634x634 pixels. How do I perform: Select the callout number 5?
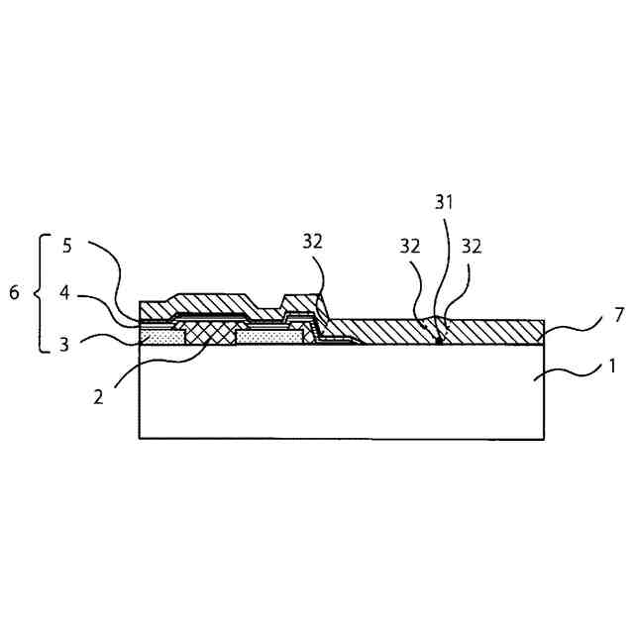[66, 247]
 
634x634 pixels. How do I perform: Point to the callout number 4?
[66, 293]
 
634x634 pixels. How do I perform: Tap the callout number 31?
[443, 202]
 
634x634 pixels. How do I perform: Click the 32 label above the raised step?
[312, 241]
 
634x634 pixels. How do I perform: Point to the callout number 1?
[611, 366]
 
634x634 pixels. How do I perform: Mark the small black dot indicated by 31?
[439, 340]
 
